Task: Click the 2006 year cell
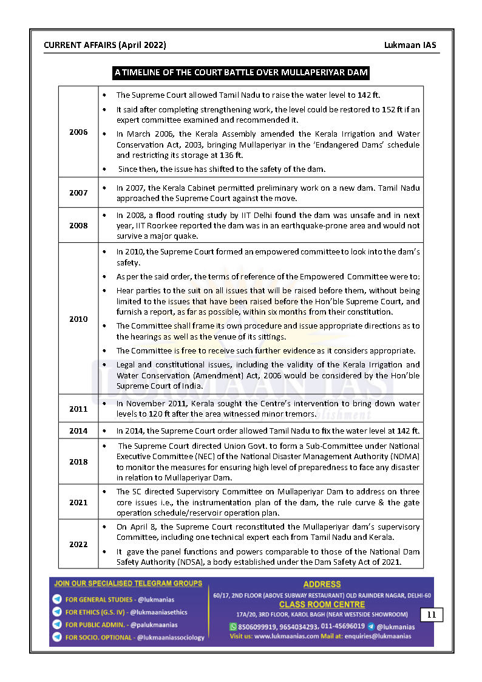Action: click(78, 132)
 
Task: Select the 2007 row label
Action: click(78, 193)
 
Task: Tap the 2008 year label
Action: click(78, 225)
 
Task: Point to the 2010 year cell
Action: click(78, 319)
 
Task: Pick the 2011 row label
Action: click(78, 409)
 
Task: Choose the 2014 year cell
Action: click(78, 431)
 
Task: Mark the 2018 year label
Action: click(78, 462)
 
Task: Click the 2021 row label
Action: click(78, 502)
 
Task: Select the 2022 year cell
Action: click(78, 544)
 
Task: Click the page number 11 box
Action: click(432, 615)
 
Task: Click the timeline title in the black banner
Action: click(241, 73)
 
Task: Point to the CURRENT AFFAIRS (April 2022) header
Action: click(105, 46)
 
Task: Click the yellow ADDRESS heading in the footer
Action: click(322, 585)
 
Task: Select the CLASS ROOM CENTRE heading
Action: click(322, 604)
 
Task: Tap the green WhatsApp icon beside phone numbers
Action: click(233, 626)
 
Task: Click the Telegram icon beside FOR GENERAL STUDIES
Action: click(57, 599)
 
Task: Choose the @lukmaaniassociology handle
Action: click(171, 637)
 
